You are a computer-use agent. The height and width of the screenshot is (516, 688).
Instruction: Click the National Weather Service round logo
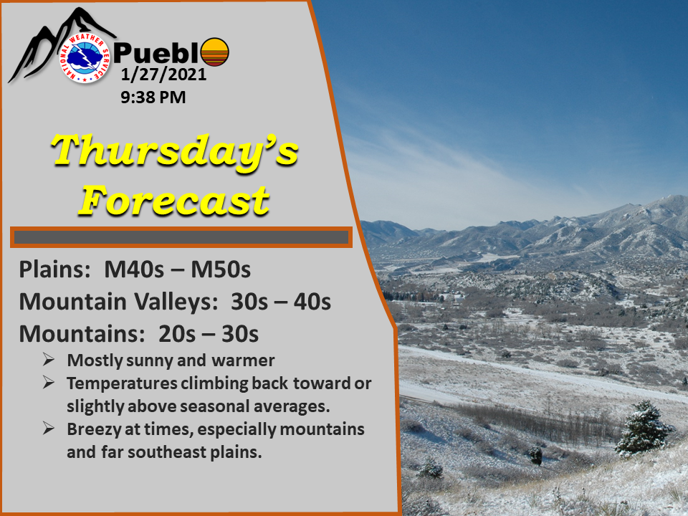85,57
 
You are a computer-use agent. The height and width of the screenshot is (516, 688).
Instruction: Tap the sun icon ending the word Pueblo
214,52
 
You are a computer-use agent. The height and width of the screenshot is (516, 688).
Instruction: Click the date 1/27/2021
163,75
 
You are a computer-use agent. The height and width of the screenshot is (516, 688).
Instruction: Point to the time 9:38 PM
153,97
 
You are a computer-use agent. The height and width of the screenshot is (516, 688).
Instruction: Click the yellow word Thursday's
175,151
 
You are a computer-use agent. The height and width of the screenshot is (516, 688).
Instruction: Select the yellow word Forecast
174,200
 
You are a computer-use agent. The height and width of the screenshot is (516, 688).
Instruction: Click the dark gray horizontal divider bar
181,237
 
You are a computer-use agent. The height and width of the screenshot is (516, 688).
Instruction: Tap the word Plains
54,269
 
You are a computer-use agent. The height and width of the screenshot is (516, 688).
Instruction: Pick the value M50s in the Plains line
221,269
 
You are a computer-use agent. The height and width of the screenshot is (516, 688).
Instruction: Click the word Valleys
176,302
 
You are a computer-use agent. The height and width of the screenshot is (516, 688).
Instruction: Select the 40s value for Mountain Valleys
312,302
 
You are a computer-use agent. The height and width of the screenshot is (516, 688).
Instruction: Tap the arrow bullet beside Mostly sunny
49,360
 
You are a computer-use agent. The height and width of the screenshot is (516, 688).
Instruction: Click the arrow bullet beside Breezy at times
49,429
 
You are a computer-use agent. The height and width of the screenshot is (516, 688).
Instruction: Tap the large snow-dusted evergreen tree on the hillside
643,427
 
